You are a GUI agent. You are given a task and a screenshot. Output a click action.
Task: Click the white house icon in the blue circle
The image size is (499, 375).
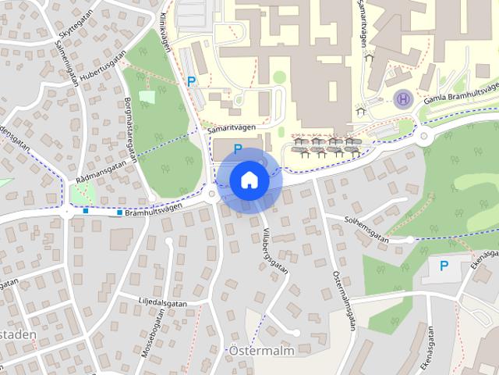click(249, 180)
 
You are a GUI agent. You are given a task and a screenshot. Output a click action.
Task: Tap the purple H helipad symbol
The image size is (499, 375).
click(403, 98)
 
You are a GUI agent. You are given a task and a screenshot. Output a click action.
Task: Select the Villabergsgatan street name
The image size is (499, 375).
click(275, 250)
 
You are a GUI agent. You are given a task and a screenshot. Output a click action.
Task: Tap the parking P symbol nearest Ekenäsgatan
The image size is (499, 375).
click(444, 266)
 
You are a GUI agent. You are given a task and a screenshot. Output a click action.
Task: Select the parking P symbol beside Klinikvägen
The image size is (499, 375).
click(190, 80)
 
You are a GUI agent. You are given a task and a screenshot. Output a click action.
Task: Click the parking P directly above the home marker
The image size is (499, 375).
click(238, 148)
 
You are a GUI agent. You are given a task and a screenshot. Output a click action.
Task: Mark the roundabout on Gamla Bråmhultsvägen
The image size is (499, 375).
click(425, 136)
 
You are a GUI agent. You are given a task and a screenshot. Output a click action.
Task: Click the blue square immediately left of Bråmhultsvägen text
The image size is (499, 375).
click(119, 212)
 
